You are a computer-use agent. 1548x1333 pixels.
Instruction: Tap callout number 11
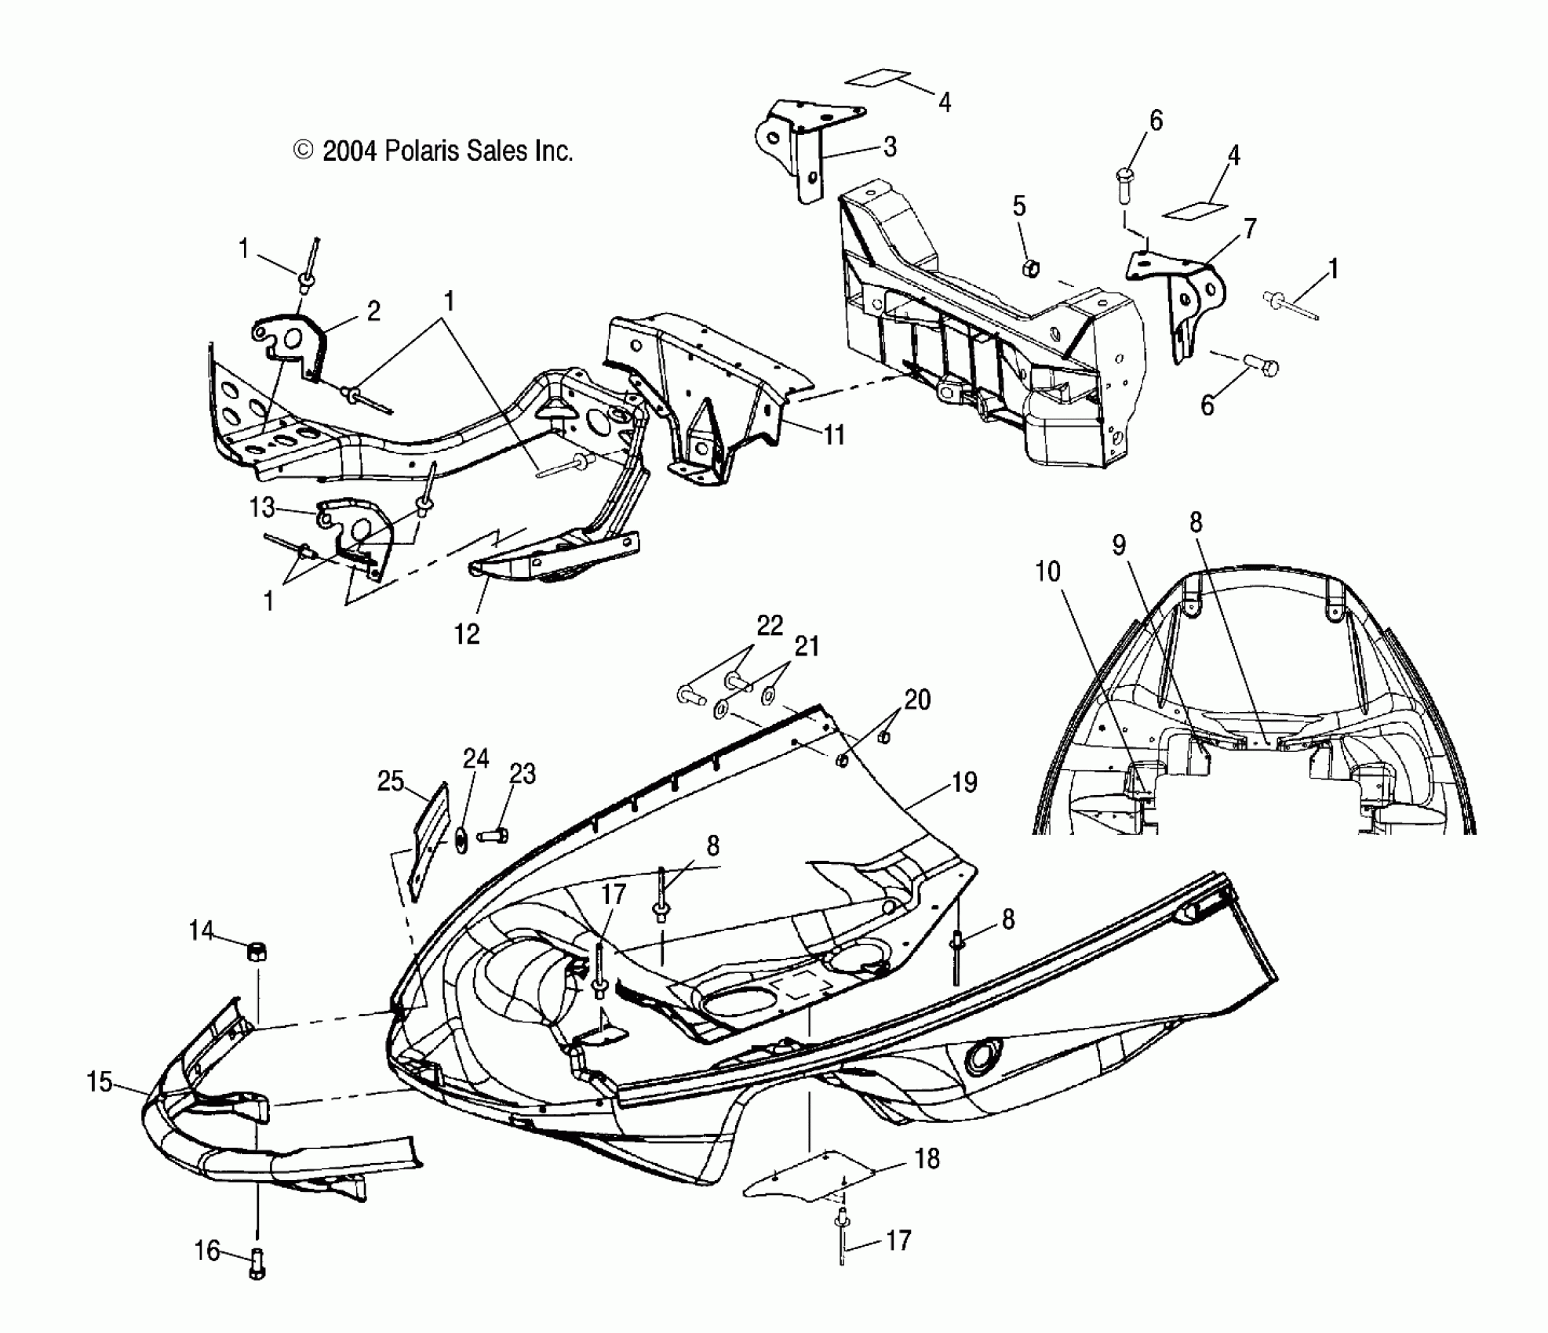(833, 434)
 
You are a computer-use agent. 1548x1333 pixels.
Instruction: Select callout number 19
(964, 782)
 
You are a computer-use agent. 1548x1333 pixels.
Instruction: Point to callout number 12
(467, 634)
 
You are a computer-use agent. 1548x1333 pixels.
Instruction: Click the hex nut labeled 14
(257, 952)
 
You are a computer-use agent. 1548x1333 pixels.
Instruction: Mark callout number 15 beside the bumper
(99, 1083)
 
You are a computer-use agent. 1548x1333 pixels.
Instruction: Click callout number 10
(1047, 572)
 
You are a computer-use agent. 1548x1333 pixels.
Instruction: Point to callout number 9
(1119, 544)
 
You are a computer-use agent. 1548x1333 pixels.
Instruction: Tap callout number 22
(770, 625)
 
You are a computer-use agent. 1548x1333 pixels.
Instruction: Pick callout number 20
(916, 699)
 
